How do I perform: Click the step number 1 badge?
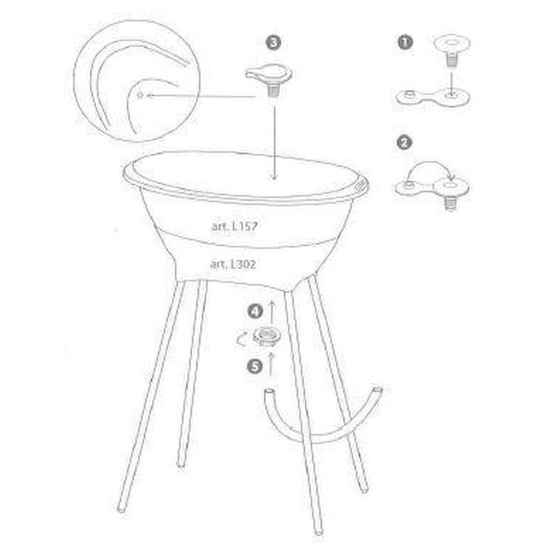click(x=405, y=42)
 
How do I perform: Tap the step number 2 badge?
click(x=404, y=143)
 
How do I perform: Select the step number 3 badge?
click(x=273, y=43)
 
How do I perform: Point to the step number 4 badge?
click(x=255, y=311)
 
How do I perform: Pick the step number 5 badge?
click(x=255, y=367)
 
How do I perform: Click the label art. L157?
click(x=234, y=226)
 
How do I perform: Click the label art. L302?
click(x=233, y=264)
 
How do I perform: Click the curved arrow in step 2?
click(x=431, y=162)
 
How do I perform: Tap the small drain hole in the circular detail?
click(x=140, y=95)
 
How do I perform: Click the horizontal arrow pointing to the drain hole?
click(x=201, y=96)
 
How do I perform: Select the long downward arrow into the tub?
click(x=274, y=142)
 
